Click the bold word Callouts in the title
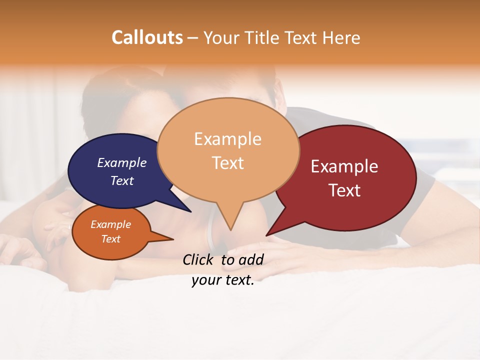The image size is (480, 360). pyautogui.click(x=147, y=37)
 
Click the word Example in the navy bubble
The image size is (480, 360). pyautogui.click(x=122, y=162)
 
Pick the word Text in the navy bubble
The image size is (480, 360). pyautogui.click(x=122, y=180)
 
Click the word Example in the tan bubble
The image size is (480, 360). pyautogui.click(x=227, y=139)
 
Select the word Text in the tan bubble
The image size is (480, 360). pyautogui.click(x=227, y=163)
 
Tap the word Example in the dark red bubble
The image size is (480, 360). pyautogui.click(x=344, y=166)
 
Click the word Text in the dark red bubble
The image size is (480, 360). pyautogui.click(x=344, y=190)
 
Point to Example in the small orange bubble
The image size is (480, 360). pyautogui.click(x=110, y=224)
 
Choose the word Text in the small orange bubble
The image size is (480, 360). pyautogui.click(x=110, y=239)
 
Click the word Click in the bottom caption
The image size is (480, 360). pyautogui.click(x=198, y=259)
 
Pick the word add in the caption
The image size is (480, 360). pyautogui.click(x=251, y=259)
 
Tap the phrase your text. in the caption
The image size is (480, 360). pyautogui.click(x=223, y=280)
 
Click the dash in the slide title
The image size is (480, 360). pyautogui.click(x=192, y=38)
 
